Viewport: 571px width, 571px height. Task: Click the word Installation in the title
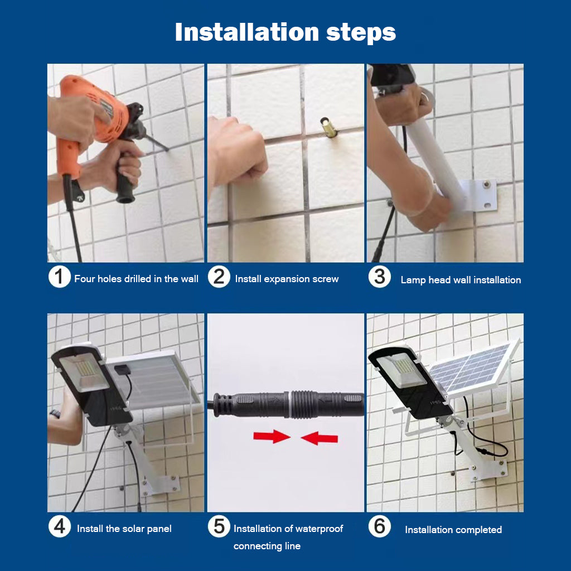click(x=247, y=32)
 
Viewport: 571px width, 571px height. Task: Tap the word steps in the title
click(x=361, y=33)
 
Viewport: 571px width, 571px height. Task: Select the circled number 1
click(x=59, y=277)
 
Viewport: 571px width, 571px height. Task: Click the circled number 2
click(x=219, y=277)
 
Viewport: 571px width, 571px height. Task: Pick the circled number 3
click(x=379, y=277)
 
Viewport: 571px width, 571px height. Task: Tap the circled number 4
click(x=59, y=526)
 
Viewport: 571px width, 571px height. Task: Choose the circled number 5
click(x=219, y=526)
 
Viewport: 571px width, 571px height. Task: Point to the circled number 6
click(x=379, y=526)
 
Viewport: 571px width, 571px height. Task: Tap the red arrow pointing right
click(x=272, y=436)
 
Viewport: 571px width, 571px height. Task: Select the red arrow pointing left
click(x=320, y=438)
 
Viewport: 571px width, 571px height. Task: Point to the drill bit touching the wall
click(x=157, y=143)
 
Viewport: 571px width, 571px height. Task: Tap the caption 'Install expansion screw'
click(x=287, y=279)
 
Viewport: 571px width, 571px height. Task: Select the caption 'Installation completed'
click(x=453, y=530)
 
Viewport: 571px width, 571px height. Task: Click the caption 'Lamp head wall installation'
click(x=461, y=280)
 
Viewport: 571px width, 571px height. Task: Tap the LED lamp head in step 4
click(x=91, y=386)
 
